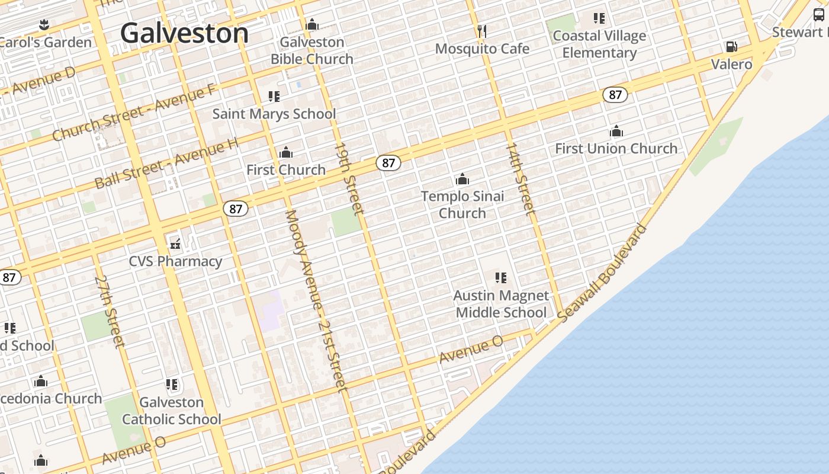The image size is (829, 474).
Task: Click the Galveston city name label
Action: pos(184,33)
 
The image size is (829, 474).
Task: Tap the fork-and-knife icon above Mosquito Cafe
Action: pos(482,31)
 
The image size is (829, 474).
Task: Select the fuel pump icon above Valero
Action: pos(732,46)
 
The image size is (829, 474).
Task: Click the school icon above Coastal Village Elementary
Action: pos(599,18)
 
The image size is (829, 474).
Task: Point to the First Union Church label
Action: pos(616,148)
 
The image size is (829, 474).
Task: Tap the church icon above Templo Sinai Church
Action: pos(462,179)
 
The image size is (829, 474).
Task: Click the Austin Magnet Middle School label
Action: pos(501,304)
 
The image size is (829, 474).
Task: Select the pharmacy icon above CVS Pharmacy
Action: pos(175,244)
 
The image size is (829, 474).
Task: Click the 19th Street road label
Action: pos(349,178)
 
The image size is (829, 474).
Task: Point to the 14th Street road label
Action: pos(520,178)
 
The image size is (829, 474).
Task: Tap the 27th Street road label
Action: pos(110,310)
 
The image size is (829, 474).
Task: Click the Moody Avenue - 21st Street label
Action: pos(315,300)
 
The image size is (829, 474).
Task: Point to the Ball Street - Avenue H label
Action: pos(168,162)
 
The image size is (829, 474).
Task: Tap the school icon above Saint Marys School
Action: pos(274,96)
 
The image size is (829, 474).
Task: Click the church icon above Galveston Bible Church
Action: pos(312,25)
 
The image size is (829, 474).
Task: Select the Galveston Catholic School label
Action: pos(172,411)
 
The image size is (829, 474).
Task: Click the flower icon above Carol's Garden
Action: pos(43,25)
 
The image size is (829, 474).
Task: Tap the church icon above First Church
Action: pos(286,153)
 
